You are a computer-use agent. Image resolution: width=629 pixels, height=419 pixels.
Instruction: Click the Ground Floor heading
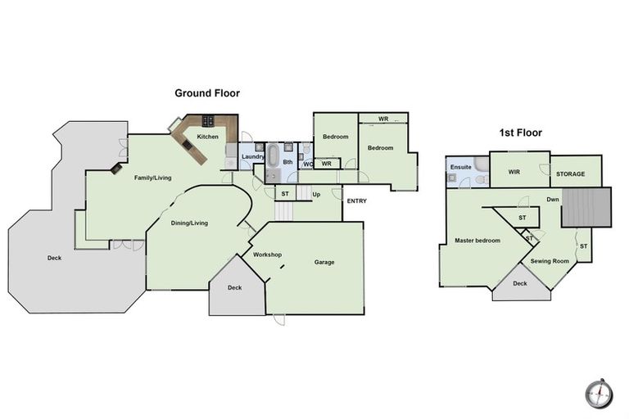click(206, 93)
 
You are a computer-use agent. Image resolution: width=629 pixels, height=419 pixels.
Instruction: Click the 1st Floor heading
click(521, 133)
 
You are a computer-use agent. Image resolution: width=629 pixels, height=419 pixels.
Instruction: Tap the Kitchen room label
click(208, 137)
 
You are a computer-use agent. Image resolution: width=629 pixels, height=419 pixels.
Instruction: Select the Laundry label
click(251, 156)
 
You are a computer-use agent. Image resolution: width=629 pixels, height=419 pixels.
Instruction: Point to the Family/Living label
click(153, 177)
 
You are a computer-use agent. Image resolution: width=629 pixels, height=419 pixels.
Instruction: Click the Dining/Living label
click(189, 223)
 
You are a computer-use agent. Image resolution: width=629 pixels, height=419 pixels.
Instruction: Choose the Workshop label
click(267, 255)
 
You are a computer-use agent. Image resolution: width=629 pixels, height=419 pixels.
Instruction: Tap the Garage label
click(324, 262)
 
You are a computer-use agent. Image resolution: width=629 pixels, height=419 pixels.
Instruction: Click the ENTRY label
click(357, 201)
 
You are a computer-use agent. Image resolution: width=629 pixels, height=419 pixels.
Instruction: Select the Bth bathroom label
click(287, 162)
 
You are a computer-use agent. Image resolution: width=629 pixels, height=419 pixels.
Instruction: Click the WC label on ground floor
click(307, 164)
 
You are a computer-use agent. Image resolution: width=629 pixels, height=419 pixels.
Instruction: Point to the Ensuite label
click(461, 167)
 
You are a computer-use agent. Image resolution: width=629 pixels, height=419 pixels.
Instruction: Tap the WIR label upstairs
click(514, 172)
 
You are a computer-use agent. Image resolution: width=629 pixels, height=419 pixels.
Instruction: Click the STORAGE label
click(570, 173)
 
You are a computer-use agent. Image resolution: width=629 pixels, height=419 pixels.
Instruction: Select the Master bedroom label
click(477, 240)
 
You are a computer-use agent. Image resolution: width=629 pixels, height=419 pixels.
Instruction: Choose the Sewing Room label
click(550, 261)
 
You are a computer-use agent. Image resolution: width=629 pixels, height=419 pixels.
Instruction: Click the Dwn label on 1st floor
click(554, 199)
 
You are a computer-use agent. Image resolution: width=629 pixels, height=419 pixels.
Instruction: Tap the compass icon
click(599, 394)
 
